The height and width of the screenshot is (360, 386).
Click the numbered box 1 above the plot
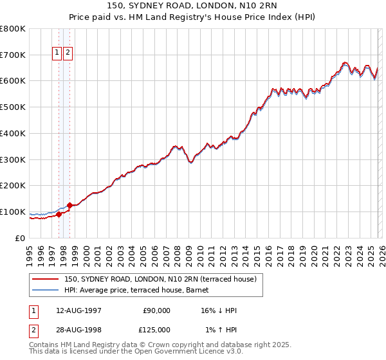pos(57,53)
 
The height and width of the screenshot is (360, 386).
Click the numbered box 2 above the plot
pos(68,53)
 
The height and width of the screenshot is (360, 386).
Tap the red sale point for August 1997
pos(59,215)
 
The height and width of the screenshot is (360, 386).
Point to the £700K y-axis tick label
pos(13,55)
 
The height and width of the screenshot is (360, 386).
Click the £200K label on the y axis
pos(13,185)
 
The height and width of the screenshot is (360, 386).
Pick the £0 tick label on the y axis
pos(19,238)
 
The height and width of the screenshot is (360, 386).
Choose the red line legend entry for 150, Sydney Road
pos(161,279)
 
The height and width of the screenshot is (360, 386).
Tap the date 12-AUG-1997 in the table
pos(78,310)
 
